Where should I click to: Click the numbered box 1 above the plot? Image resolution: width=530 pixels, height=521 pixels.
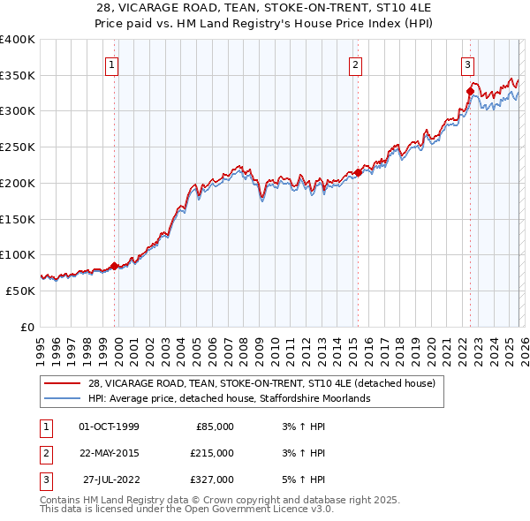point(113,64)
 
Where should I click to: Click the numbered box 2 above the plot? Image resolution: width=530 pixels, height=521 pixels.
point(355,64)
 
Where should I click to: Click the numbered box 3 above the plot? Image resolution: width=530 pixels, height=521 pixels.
point(466,64)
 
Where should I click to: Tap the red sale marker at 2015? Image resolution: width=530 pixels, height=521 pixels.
point(358,173)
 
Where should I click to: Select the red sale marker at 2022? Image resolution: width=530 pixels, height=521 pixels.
point(470,91)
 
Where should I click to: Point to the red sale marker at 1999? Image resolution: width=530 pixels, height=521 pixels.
point(115,266)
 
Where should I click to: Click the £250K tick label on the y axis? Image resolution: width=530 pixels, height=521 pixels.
point(17,147)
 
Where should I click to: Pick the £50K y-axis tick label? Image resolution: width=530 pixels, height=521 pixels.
point(20,291)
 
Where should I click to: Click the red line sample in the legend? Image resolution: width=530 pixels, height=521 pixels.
point(62,384)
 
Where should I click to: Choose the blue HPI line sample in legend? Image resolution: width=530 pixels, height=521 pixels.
point(62,399)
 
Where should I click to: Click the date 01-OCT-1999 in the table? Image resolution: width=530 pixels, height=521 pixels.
point(109,427)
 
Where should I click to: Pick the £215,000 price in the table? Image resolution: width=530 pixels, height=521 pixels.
point(211,453)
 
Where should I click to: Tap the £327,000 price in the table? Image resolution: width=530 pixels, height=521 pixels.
point(211,479)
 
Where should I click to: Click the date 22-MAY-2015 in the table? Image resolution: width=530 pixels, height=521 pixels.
point(109,453)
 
